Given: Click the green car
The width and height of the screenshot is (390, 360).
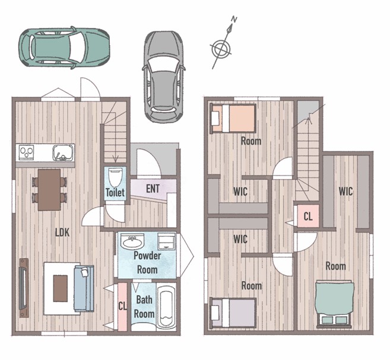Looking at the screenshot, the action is point(65,47).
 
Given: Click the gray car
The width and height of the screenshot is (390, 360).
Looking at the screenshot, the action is point(164,77).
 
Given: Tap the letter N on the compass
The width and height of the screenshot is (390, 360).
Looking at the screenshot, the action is point(234,19).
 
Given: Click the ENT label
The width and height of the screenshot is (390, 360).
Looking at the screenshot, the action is point(153,189).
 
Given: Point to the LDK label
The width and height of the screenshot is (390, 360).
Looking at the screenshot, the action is point(62,232).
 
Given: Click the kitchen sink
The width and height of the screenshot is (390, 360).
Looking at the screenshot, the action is point(64,152).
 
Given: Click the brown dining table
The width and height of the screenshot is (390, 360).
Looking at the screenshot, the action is point(49,190).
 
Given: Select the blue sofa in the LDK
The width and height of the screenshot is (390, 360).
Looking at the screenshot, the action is point(84,288).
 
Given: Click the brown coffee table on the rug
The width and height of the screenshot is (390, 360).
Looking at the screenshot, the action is point(61,288).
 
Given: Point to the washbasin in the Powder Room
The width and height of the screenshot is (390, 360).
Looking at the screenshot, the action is point(132,241).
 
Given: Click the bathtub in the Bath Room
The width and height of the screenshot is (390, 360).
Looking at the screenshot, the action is point(167,306).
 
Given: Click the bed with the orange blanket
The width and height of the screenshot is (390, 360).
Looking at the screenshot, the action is point(233,119).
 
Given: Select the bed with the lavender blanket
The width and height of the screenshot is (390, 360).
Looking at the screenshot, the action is point(233,313).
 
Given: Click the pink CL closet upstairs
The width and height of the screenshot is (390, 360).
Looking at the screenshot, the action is point(308,216).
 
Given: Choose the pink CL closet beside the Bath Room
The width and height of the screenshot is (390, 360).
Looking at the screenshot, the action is point(122,307).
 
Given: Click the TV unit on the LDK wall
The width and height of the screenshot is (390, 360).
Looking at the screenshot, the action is point(24,288).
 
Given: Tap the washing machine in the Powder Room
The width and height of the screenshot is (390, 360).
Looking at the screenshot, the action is point(166,241).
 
